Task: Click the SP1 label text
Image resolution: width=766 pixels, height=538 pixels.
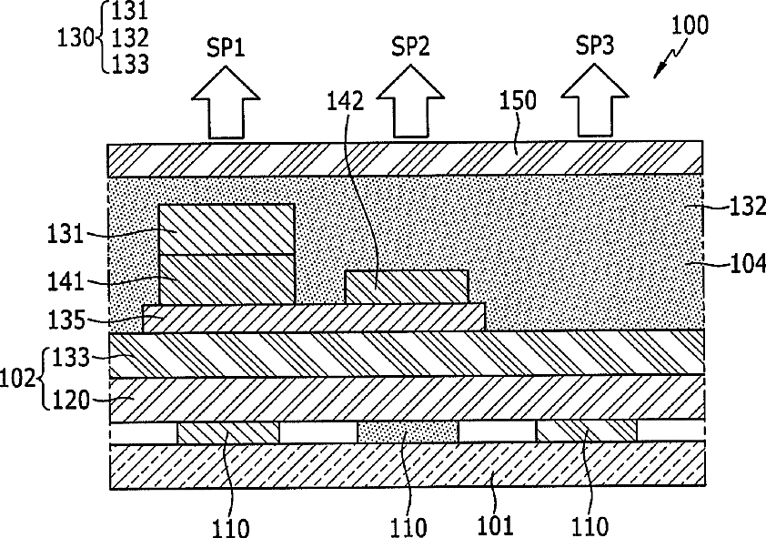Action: pos(226,48)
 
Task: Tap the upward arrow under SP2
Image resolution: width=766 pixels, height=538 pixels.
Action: pos(410,102)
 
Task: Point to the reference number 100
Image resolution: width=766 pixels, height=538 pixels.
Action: pos(690,25)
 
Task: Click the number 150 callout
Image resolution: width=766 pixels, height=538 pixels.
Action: pos(518,100)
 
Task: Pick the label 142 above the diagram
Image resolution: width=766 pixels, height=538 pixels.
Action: pos(346,101)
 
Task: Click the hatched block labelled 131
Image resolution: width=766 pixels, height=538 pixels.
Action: pos(227,229)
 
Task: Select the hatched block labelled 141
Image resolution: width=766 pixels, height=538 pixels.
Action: pos(227,279)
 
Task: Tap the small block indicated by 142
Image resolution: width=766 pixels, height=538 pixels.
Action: pos(407,287)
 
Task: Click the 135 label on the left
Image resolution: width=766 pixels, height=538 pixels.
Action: pos(66,320)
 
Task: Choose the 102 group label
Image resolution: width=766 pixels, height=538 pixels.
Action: pos(18,380)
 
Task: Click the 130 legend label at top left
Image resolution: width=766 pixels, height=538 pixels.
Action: pos(76,38)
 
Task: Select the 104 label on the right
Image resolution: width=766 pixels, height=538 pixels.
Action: pos(748,264)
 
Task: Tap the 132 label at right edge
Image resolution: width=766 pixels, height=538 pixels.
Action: pos(748,208)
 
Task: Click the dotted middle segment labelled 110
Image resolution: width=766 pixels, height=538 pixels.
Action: pos(408,432)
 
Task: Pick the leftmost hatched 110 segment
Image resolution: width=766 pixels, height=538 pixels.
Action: pos(228,432)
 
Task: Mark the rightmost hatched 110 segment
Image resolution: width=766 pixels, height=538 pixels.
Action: pos(587,431)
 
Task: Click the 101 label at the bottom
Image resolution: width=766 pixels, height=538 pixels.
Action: pos(495,525)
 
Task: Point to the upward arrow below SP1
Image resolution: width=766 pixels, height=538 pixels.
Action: pos(226,103)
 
